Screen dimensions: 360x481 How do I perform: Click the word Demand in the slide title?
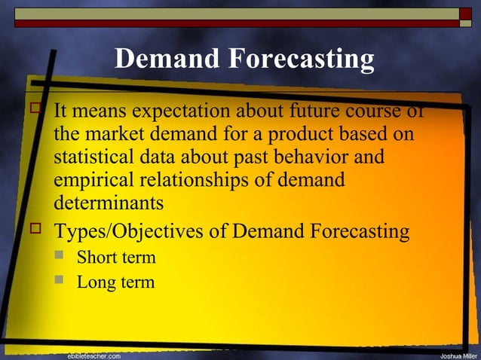point(163,59)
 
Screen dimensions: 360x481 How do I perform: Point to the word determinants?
point(108,203)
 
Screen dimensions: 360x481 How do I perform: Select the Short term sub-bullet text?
point(116,258)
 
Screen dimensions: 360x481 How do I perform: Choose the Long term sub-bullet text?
point(115,283)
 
